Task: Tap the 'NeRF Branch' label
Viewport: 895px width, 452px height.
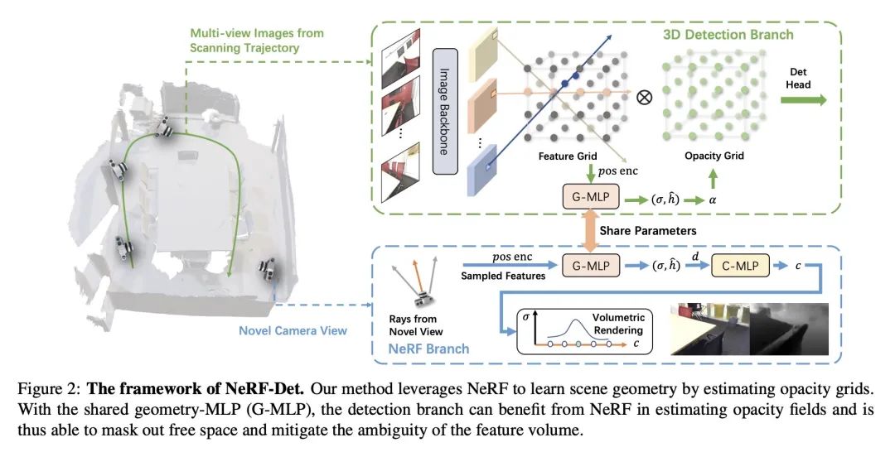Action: pos(428,349)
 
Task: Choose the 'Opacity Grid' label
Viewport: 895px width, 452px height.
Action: pos(714,156)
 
